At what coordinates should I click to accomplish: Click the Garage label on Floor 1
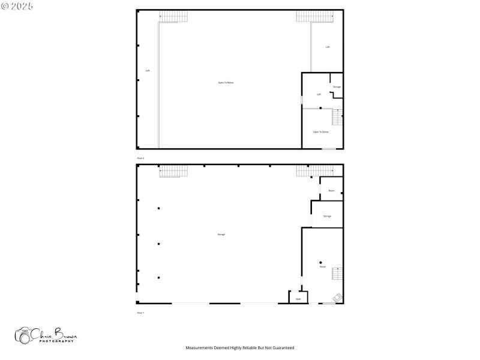click(221, 234)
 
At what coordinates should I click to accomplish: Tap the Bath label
click(298, 299)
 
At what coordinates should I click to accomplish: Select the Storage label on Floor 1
click(327, 216)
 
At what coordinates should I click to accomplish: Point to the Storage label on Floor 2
click(337, 87)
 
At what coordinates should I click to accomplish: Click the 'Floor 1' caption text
click(140, 313)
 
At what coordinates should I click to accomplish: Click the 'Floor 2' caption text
click(140, 158)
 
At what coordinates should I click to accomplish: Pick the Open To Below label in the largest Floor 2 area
click(226, 82)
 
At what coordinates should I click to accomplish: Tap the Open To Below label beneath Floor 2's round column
click(321, 131)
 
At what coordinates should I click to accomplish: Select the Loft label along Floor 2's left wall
click(148, 71)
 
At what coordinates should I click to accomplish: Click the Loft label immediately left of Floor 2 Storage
click(319, 94)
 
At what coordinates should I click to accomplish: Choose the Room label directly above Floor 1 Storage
click(331, 191)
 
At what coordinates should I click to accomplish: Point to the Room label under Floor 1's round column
click(323, 266)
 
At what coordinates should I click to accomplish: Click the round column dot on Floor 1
click(321, 262)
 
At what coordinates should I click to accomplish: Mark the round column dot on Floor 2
click(320, 108)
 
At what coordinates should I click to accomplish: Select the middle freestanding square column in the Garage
click(159, 244)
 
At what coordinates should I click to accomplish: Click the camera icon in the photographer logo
click(24, 336)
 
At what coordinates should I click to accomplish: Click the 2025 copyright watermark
click(17, 5)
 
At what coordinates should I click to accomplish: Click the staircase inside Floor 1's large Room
click(338, 274)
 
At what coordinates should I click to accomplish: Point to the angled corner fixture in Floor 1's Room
click(338, 296)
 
